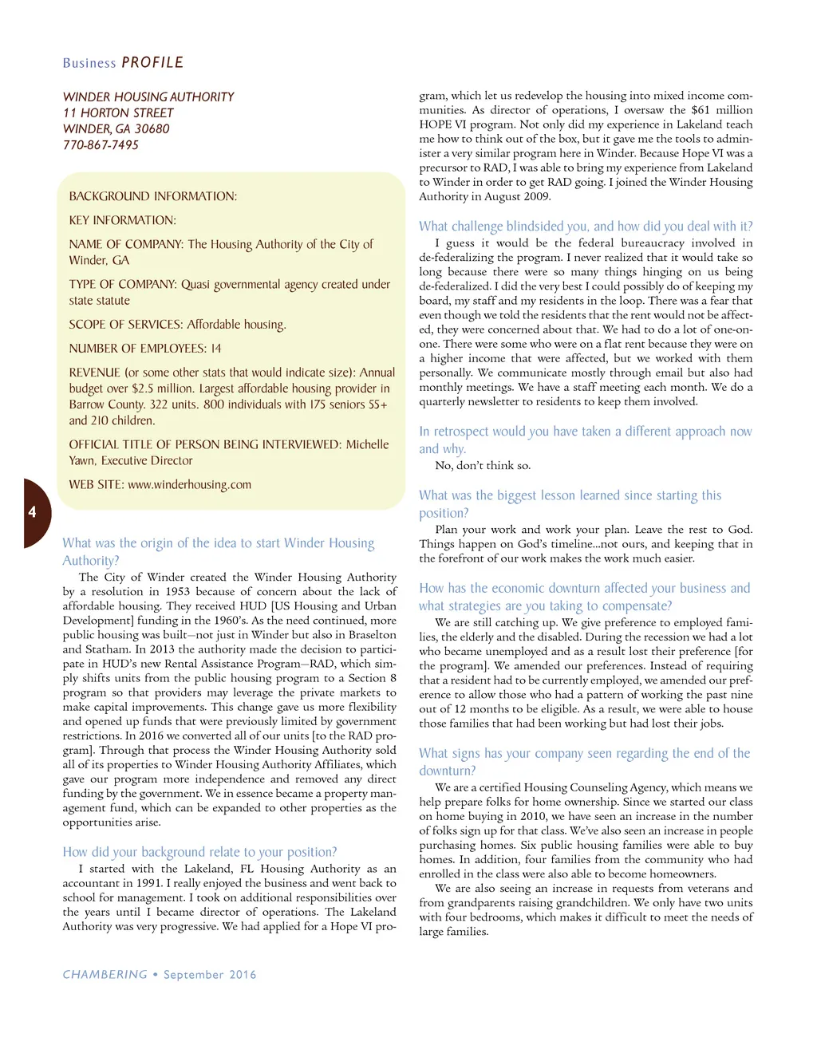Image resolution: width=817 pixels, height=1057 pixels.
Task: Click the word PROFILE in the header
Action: coord(152,62)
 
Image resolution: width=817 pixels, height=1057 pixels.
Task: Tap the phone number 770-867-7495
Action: coord(101,145)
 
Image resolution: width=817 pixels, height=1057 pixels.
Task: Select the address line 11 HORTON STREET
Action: coord(118,113)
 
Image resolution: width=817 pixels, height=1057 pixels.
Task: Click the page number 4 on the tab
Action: coord(32,512)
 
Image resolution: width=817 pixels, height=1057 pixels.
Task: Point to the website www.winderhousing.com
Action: coord(189,485)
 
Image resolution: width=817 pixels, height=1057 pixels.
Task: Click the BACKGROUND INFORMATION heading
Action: coord(152,196)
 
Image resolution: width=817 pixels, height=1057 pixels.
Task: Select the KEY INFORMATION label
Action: coord(122,220)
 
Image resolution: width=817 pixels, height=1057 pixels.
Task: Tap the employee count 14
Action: coord(216,349)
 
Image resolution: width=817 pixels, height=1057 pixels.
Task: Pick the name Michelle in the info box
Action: coord(367,444)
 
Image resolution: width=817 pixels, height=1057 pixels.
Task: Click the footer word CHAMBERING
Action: coord(105,974)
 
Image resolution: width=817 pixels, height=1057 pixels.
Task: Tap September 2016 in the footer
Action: coord(210,974)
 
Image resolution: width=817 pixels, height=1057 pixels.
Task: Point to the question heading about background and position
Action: coord(199,852)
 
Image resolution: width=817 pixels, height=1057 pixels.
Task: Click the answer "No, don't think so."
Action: coord(483,465)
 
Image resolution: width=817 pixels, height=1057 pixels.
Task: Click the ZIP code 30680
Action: coord(152,129)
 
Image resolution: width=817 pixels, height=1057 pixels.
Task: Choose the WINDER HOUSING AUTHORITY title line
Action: coord(148,97)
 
